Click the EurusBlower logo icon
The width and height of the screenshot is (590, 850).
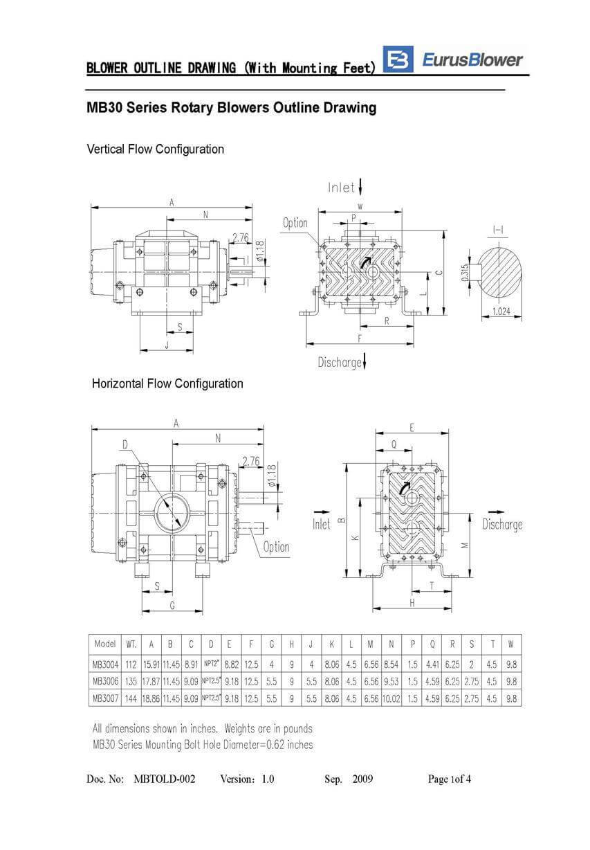(398, 60)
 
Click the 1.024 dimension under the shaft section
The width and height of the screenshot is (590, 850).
(501, 311)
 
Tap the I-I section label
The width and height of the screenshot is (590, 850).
(497, 229)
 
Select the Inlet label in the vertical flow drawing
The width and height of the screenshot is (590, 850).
(342, 188)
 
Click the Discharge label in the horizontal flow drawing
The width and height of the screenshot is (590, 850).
(502, 524)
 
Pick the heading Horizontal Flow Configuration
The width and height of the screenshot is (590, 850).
(167, 383)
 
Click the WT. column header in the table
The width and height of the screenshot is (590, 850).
(131, 644)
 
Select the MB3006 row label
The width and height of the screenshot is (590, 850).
(104, 681)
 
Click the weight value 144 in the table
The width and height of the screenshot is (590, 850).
(131, 699)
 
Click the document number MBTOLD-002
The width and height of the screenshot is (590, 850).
(164, 779)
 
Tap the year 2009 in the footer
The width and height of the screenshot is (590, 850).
(362, 779)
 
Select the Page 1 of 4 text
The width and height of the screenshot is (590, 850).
(450, 779)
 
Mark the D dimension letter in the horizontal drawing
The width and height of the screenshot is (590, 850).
(125, 444)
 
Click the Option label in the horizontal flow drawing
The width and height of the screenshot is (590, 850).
(276, 547)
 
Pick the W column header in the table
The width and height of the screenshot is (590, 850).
(511, 644)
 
